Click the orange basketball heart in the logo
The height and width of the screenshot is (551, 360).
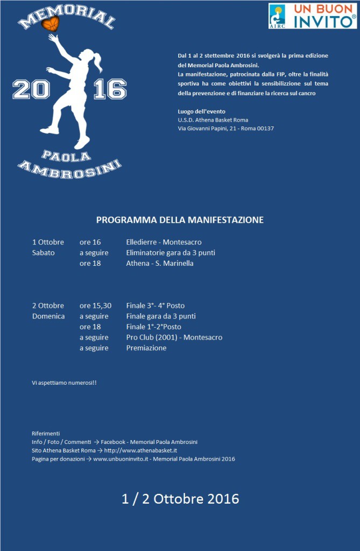click(52, 23)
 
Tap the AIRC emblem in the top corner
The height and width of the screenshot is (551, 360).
click(277, 16)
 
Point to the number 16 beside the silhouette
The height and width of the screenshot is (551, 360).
click(110, 89)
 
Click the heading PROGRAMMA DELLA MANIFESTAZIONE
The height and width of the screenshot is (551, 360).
click(180, 220)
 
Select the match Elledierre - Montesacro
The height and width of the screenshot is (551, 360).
click(164, 242)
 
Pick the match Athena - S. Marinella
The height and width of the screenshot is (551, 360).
click(159, 263)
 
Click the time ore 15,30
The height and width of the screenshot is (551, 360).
click(95, 306)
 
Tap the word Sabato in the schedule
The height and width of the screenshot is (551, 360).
click(44, 253)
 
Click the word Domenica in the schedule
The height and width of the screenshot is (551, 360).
click(48, 316)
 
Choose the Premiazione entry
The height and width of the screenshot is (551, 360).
click(146, 348)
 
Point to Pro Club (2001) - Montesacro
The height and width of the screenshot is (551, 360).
click(174, 337)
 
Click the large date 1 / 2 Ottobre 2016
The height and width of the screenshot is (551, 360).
click(180, 499)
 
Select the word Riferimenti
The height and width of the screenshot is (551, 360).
click(46, 433)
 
